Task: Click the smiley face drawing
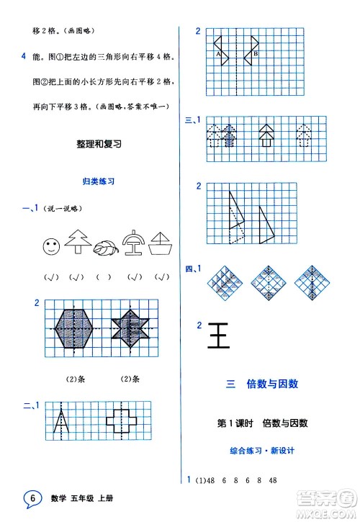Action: (50, 247)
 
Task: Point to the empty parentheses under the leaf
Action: (103, 277)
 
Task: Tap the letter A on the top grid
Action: (217, 54)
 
